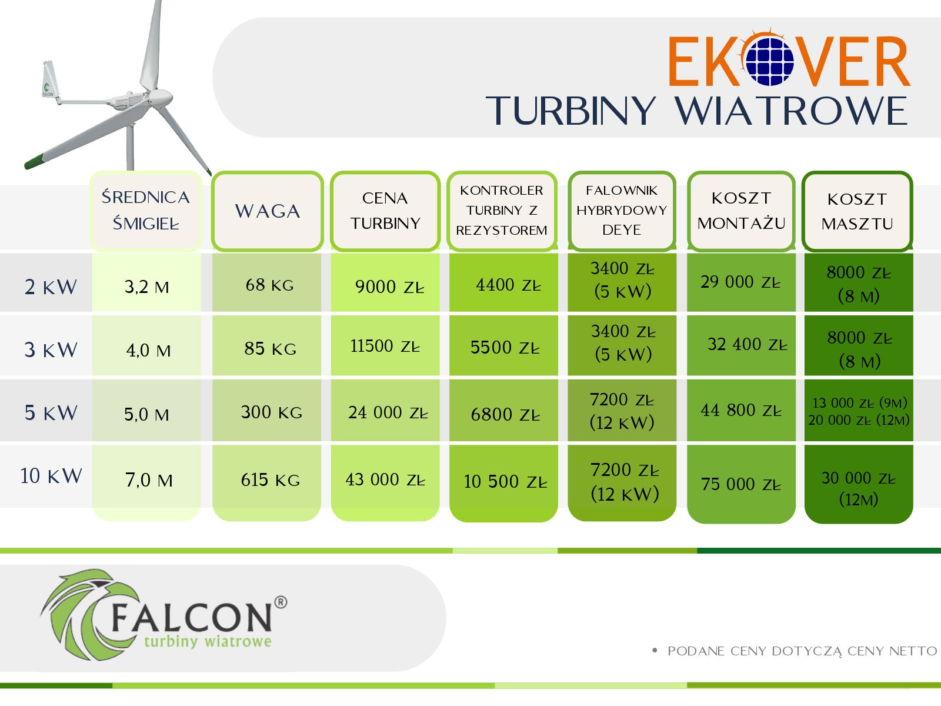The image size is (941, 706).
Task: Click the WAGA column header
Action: point(267,211)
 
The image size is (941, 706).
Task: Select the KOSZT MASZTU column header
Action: point(857,211)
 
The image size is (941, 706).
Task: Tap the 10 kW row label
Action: point(51,476)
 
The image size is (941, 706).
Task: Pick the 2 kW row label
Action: point(51,287)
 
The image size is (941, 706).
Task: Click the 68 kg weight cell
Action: point(269,285)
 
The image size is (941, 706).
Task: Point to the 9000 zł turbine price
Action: point(390,287)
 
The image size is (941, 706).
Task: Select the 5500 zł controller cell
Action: point(505,347)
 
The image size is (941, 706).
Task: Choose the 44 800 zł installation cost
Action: point(741,410)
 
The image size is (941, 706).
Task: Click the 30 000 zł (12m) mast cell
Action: point(859,488)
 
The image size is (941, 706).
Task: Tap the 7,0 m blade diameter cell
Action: point(149,480)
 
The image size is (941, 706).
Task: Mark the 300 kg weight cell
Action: point(271,412)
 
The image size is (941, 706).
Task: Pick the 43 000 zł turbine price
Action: point(385,479)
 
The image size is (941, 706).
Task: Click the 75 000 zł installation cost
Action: point(741,484)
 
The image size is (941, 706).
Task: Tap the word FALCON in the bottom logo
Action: point(192,617)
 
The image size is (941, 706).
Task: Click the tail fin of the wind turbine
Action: point(50,80)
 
